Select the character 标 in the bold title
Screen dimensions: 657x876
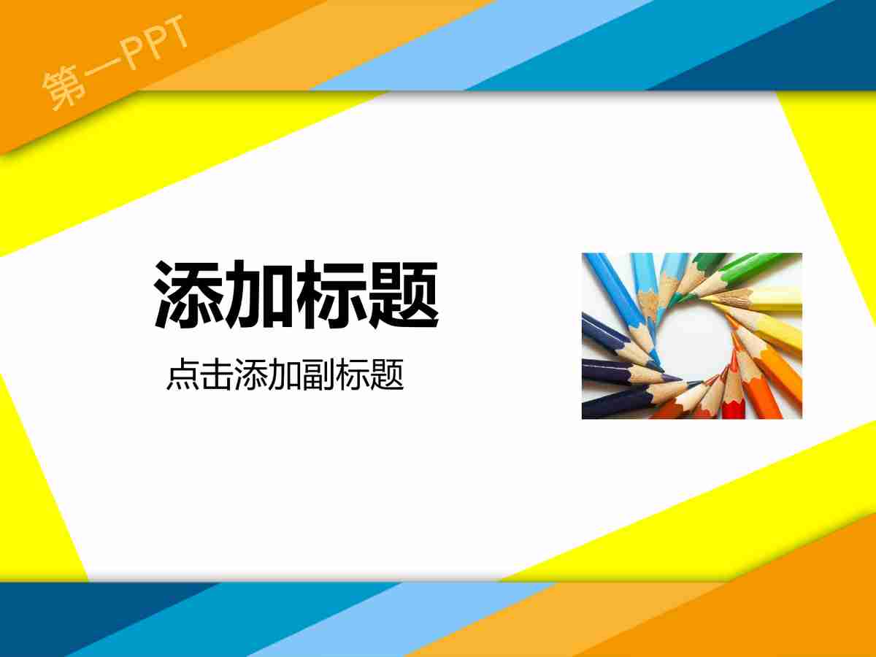point(332,294)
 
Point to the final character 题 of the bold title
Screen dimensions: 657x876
point(404,294)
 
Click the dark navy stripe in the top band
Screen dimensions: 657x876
point(788,44)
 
